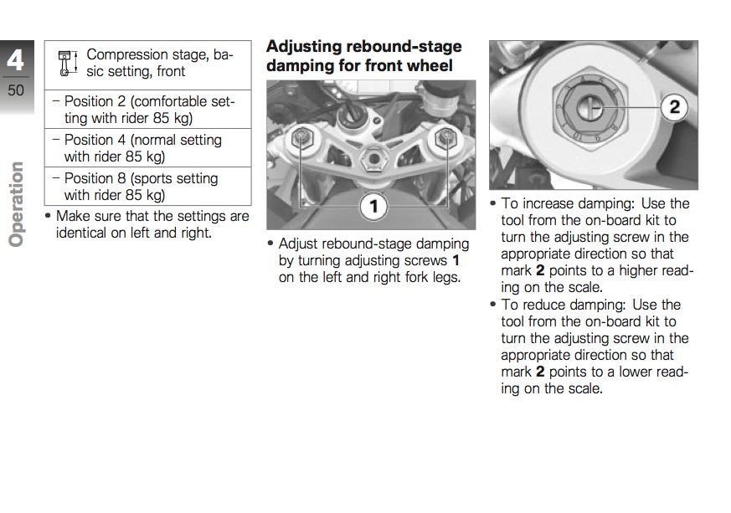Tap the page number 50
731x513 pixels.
pos(16,89)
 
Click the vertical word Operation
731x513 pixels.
pos(16,204)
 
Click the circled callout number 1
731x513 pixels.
pos(373,206)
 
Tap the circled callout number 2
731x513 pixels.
pos(675,107)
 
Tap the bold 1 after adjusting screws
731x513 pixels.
pos(455,260)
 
